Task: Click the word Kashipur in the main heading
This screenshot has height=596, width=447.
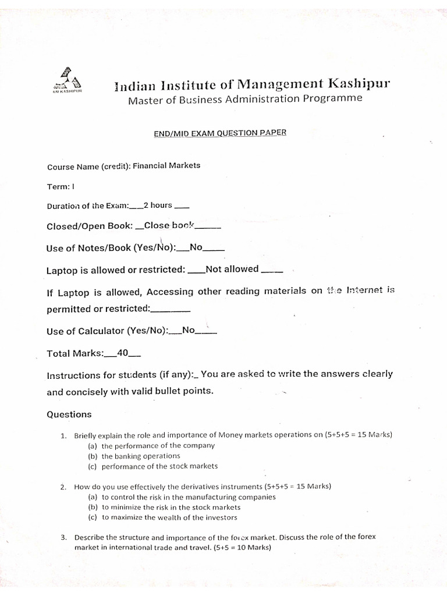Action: pos(358,84)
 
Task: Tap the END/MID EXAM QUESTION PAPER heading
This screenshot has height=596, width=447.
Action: pos(220,133)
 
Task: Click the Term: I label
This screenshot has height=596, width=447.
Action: pos(61,187)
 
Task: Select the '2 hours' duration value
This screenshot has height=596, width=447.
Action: pos(158,205)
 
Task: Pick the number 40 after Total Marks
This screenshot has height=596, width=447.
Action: pos(123,353)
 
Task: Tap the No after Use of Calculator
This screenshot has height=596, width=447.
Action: pos(188,331)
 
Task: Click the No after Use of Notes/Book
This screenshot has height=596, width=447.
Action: pos(196,247)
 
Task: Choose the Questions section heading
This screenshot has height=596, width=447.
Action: pos(69,414)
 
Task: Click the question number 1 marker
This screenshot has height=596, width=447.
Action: pos(63,435)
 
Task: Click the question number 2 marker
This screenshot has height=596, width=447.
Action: pos(63,487)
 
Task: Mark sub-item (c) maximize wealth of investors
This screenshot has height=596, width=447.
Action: pos(162,517)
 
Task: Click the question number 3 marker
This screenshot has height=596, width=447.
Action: pos(63,537)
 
